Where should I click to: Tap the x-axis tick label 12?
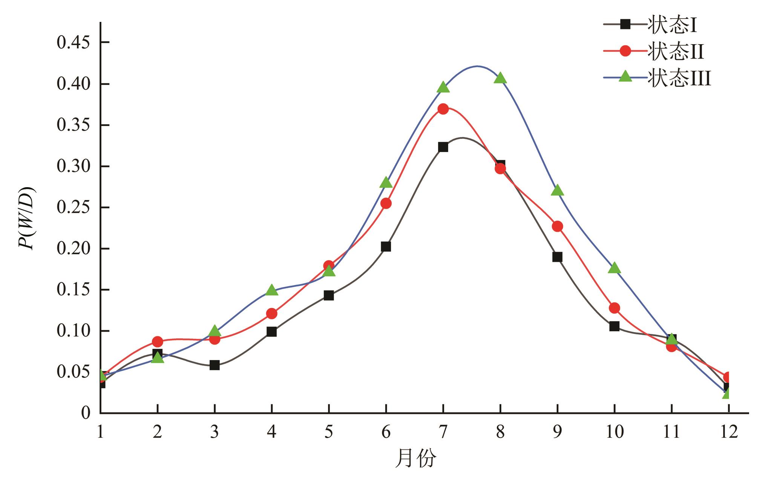pyautogui.click(x=728, y=432)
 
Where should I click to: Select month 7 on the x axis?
pyautogui.click(x=443, y=432)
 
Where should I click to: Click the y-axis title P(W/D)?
pyautogui.click(x=27, y=218)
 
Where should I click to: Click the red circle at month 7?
pyautogui.click(x=443, y=109)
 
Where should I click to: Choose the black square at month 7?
pyautogui.click(x=443, y=147)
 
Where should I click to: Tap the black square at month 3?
pyautogui.click(x=215, y=365)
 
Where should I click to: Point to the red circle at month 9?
pyautogui.click(x=557, y=226)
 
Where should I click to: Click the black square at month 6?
pyautogui.click(x=386, y=247)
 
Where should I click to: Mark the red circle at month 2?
pyautogui.click(x=158, y=342)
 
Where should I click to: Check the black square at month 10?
pyautogui.click(x=614, y=326)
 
